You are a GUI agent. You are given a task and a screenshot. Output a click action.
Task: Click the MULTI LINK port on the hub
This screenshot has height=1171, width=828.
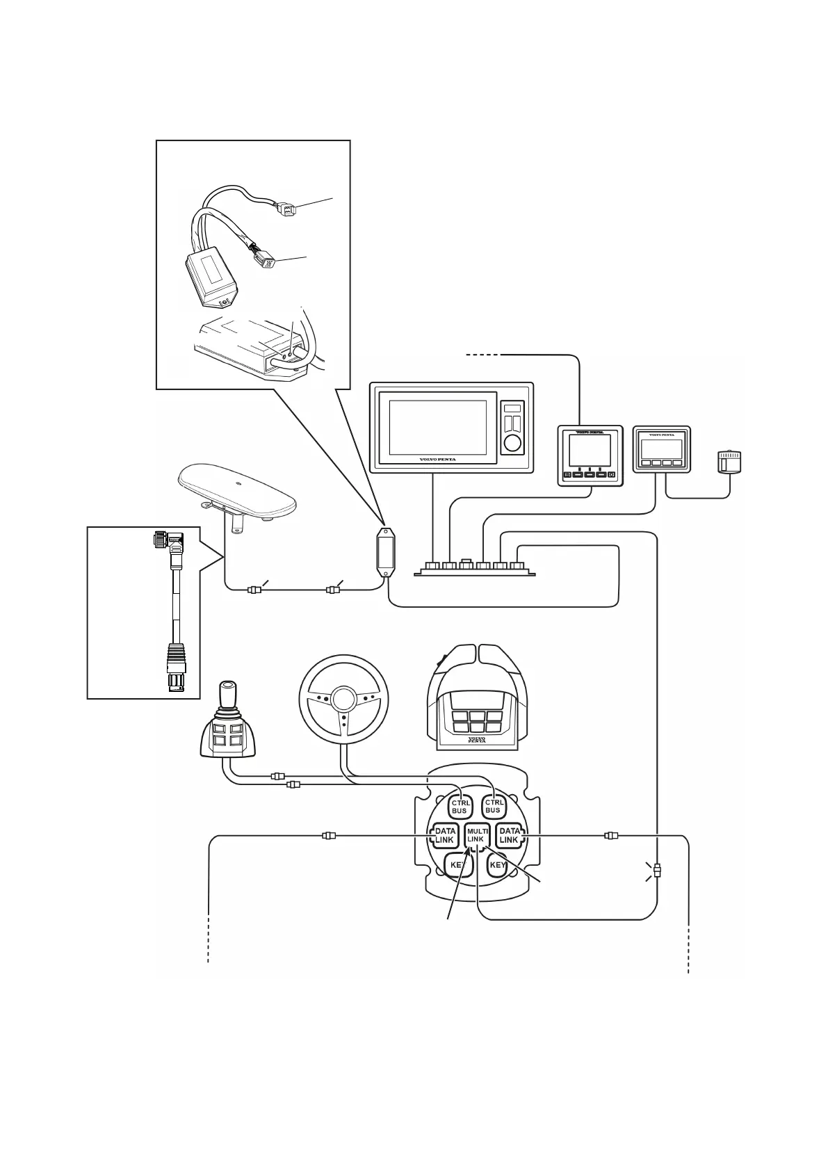click(476, 835)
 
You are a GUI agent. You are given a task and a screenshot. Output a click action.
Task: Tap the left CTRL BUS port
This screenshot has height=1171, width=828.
click(460, 807)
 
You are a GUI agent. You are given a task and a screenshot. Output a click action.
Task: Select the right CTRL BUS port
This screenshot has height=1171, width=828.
click(493, 806)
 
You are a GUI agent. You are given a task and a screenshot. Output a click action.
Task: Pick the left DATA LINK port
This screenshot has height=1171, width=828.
click(444, 835)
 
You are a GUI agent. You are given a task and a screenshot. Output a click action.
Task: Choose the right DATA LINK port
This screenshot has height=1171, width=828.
click(510, 835)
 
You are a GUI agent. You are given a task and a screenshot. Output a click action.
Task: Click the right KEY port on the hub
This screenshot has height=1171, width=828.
click(498, 866)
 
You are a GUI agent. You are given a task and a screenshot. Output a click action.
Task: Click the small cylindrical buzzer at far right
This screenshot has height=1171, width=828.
click(729, 462)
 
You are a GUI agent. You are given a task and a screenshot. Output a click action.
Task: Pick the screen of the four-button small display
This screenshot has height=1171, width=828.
click(660, 447)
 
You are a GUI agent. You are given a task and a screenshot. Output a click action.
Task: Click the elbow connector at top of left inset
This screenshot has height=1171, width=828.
click(166, 540)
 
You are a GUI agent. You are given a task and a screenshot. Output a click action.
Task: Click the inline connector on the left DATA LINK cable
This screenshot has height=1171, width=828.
click(329, 835)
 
